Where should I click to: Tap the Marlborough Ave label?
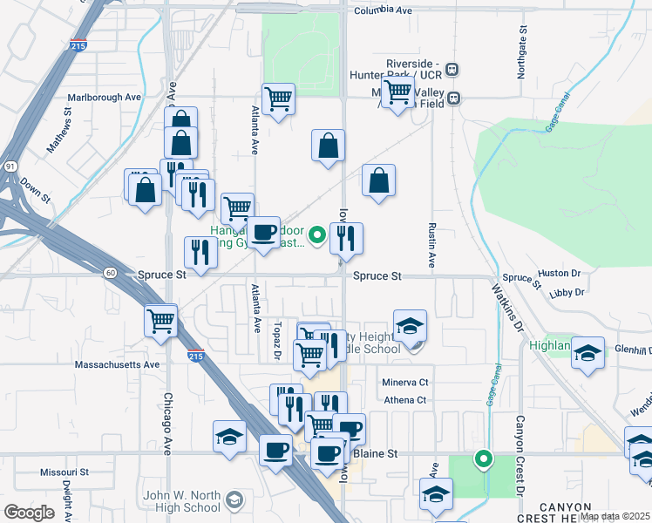[x=104, y=98]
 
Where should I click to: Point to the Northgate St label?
[x=523, y=51]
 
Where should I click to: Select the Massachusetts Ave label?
[x=117, y=364]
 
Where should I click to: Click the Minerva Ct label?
[x=405, y=383]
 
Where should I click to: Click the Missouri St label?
[x=65, y=472]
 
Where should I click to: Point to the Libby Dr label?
[x=566, y=294]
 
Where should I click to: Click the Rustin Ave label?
[x=431, y=243]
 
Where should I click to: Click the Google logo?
[x=29, y=513]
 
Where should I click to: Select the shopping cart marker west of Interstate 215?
[x=161, y=321]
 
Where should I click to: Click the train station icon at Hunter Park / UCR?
[x=452, y=69]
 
